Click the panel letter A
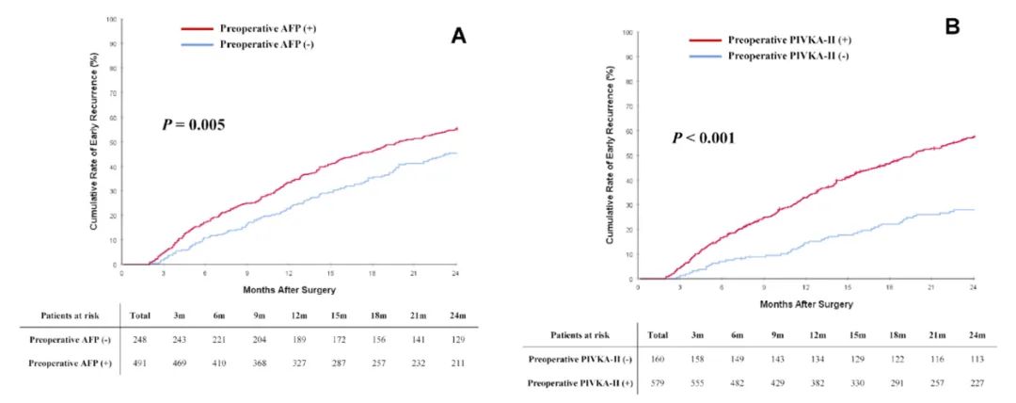(x=458, y=36)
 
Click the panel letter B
(x=952, y=27)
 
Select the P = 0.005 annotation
(x=192, y=123)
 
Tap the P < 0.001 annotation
(x=704, y=138)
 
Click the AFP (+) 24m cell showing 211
(x=455, y=363)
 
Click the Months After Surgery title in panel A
(x=289, y=288)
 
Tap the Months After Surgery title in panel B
(x=805, y=304)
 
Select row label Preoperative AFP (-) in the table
(x=66, y=339)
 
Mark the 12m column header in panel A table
(x=299, y=315)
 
